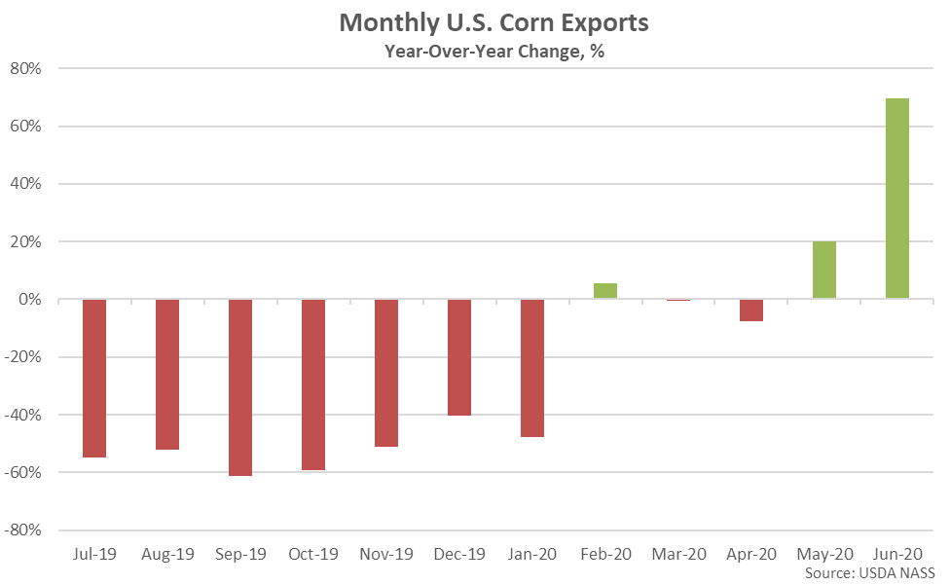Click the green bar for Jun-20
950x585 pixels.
897,199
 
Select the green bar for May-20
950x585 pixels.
824,270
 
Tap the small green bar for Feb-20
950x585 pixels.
605,291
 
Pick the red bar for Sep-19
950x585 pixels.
240,387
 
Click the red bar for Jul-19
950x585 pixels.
94,378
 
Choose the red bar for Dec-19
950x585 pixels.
459,357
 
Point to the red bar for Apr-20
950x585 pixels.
751,310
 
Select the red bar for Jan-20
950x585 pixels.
532,368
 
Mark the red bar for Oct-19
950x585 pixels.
313,384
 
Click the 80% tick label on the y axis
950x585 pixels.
25,69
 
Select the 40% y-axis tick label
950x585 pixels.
25,184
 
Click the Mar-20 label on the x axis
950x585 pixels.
678,555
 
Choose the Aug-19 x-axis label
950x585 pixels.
167,555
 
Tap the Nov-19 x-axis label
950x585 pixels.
386,555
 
